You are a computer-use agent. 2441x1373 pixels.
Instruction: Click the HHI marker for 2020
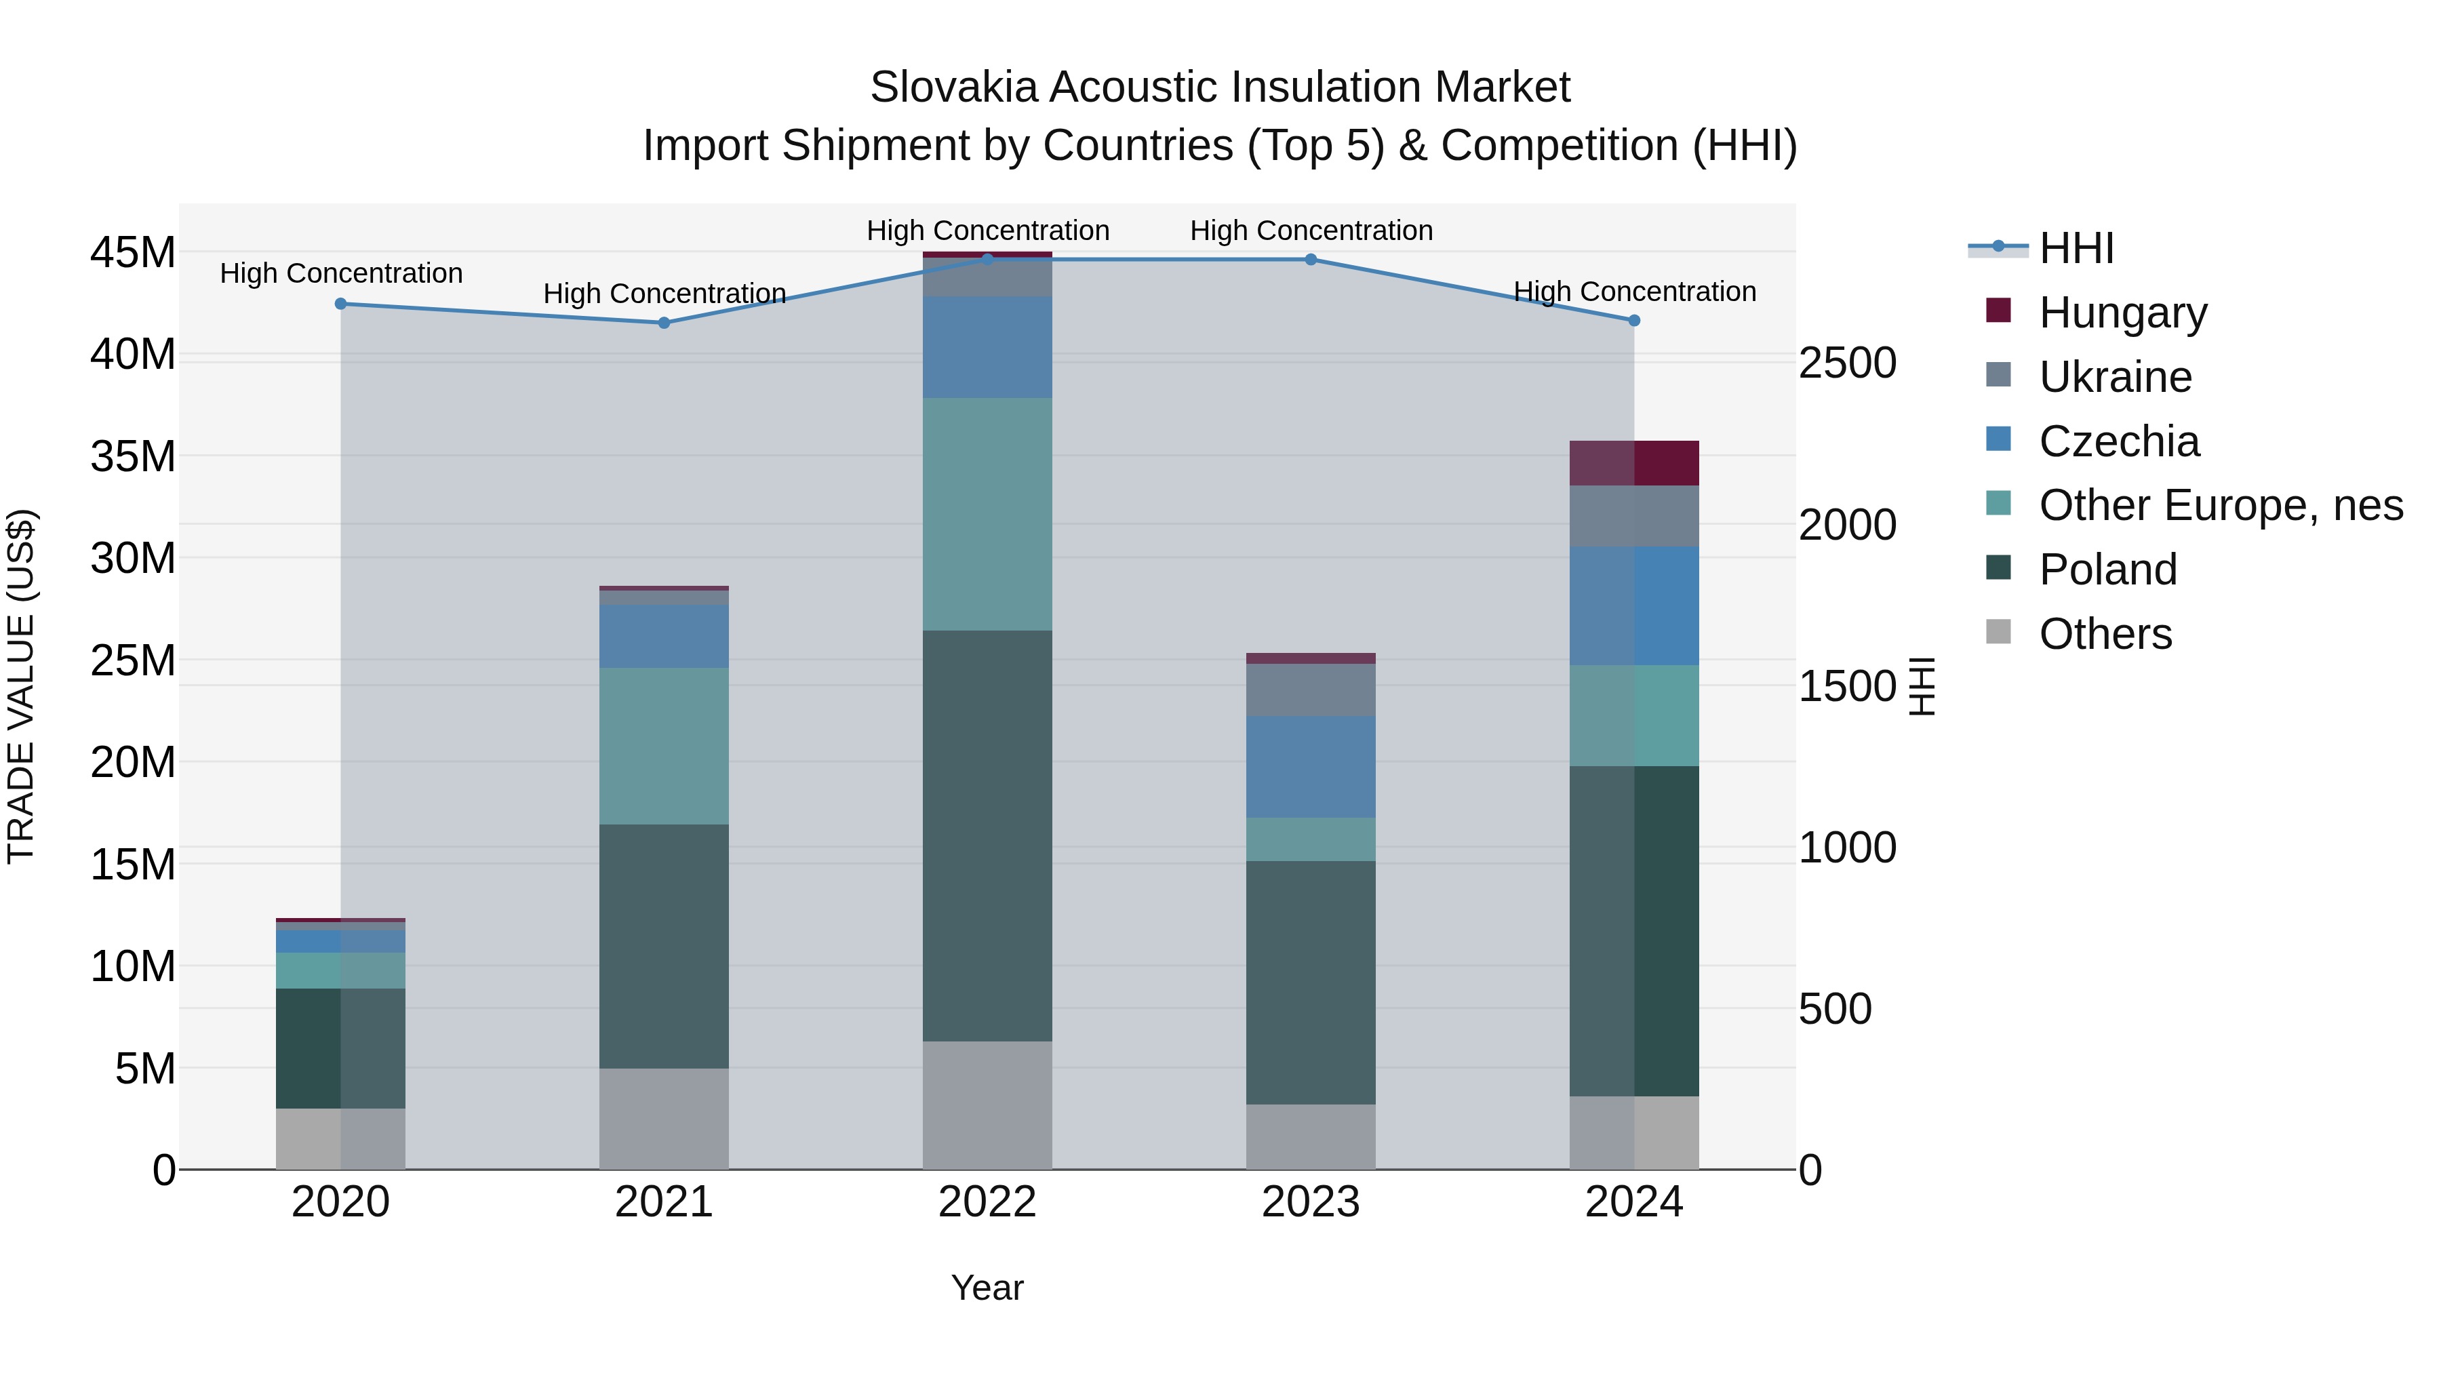tap(341, 304)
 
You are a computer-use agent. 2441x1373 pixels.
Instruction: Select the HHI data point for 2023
tap(1311, 260)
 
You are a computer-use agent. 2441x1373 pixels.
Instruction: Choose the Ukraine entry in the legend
tap(2115, 377)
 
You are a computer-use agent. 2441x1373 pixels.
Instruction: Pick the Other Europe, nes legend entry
tap(2220, 505)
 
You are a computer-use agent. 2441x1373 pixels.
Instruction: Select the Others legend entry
tap(2105, 634)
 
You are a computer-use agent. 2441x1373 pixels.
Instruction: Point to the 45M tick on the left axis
tap(133, 253)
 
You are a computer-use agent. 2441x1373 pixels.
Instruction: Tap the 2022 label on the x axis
tap(987, 1202)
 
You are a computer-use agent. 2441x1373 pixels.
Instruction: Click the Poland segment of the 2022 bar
tap(987, 836)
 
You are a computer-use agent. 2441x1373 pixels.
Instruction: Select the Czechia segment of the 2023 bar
tap(1311, 767)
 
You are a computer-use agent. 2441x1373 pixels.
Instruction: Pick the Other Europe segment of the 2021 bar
tap(664, 746)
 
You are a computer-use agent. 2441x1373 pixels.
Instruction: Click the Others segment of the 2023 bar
tap(1311, 1136)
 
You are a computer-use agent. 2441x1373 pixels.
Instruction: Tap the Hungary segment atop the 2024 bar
tap(1633, 463)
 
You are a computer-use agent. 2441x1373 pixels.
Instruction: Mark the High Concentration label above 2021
tap(664, 294)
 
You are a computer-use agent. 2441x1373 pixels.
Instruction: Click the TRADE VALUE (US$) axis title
tap(21, 686)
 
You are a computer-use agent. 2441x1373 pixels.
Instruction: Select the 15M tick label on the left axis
tap(133, 864)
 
